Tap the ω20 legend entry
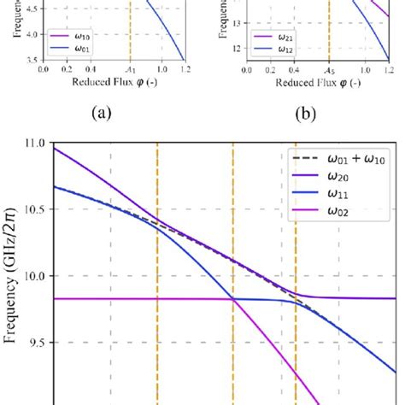pyautogui.click(x=338, y=175)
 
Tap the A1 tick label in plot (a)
pyautogui.click(x=130, y=70)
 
